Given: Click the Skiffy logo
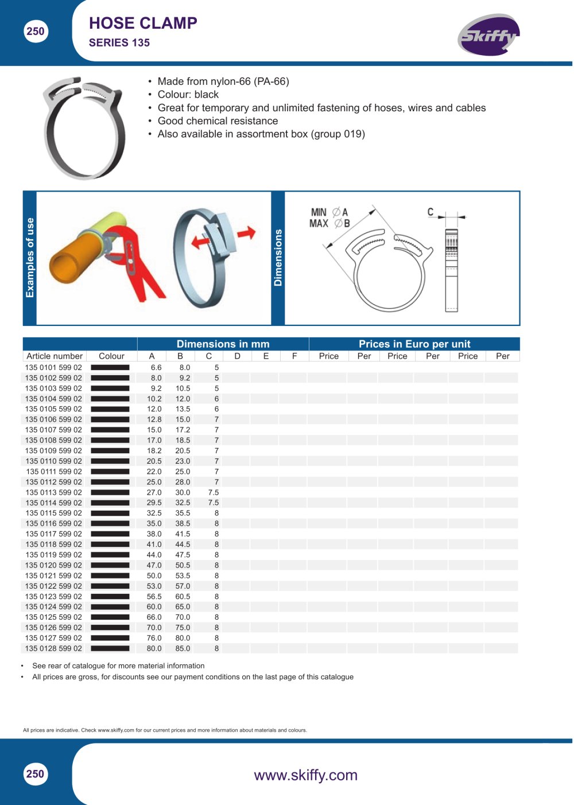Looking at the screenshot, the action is pos(488,34).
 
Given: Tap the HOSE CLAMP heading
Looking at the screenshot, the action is pos(143,24).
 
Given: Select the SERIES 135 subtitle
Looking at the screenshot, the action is pos(119,43).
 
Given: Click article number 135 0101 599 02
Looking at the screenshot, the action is pos(53,367).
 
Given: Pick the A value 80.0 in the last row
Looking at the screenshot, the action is pos(154,648).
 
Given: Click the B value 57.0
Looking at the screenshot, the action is pos(183,586).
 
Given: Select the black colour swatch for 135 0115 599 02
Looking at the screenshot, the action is pos(110,513).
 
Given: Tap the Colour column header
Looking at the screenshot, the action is pos(111,356).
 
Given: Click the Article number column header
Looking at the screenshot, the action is pos(55,356).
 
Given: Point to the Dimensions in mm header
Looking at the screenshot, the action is pos(223,344).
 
